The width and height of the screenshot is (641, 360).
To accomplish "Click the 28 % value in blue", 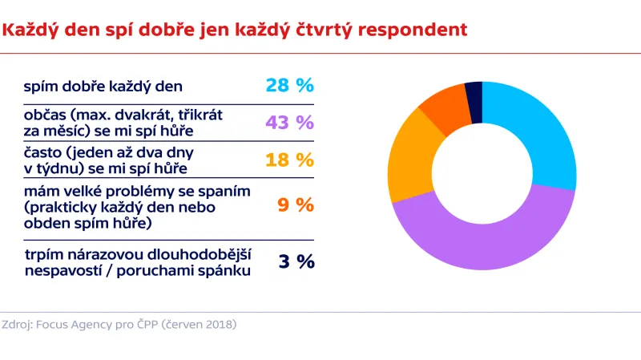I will (289, 86).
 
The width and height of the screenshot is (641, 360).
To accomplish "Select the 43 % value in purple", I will (289, 122).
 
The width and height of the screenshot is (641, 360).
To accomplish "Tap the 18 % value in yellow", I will (289, 159).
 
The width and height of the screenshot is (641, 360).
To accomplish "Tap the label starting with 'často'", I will (105, 159).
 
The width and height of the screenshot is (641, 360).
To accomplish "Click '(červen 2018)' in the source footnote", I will (198, 325).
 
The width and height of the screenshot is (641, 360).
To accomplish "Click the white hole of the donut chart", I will (482, 176).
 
